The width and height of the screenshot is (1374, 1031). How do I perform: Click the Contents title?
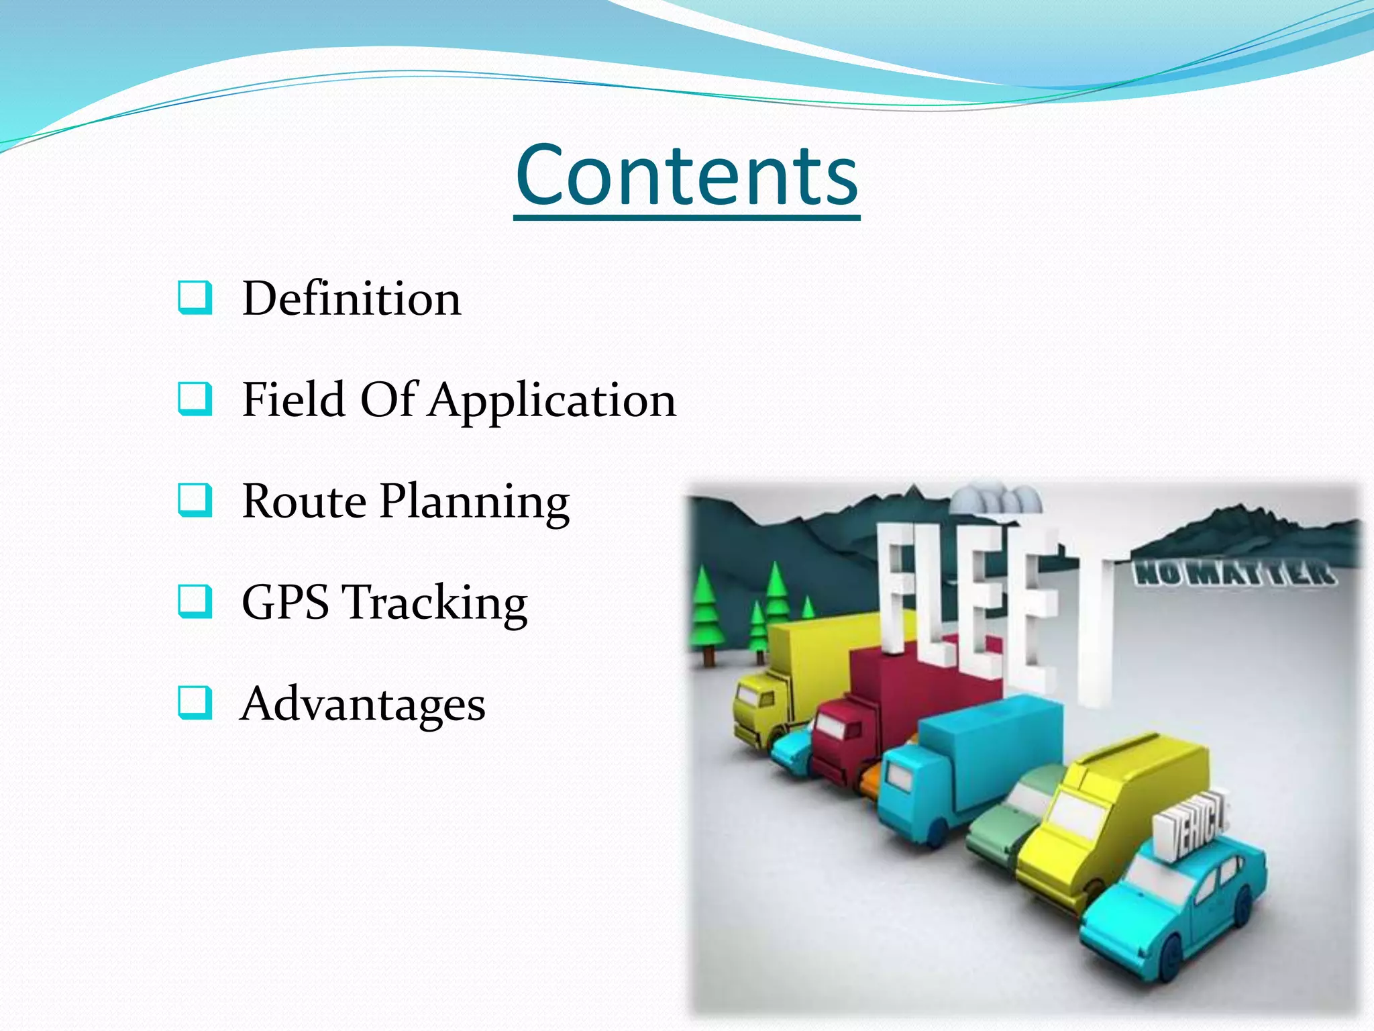(687, 176)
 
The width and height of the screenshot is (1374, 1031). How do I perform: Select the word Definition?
(352, 298)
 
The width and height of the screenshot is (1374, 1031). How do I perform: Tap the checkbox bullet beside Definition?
(195, 297)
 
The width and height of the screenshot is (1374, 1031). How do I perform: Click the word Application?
(552, 401)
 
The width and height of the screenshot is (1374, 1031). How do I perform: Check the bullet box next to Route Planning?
(195, 500)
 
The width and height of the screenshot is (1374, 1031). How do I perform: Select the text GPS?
(285, 602)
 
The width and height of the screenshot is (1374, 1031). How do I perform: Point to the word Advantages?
(363, 704)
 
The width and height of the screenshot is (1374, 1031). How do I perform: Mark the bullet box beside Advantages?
(195, 703)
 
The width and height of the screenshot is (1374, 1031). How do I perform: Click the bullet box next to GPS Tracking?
(195, 601)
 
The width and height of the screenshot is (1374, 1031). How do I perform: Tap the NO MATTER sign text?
(1233, 575)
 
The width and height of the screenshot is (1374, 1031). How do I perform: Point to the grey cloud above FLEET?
(996, 500)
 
